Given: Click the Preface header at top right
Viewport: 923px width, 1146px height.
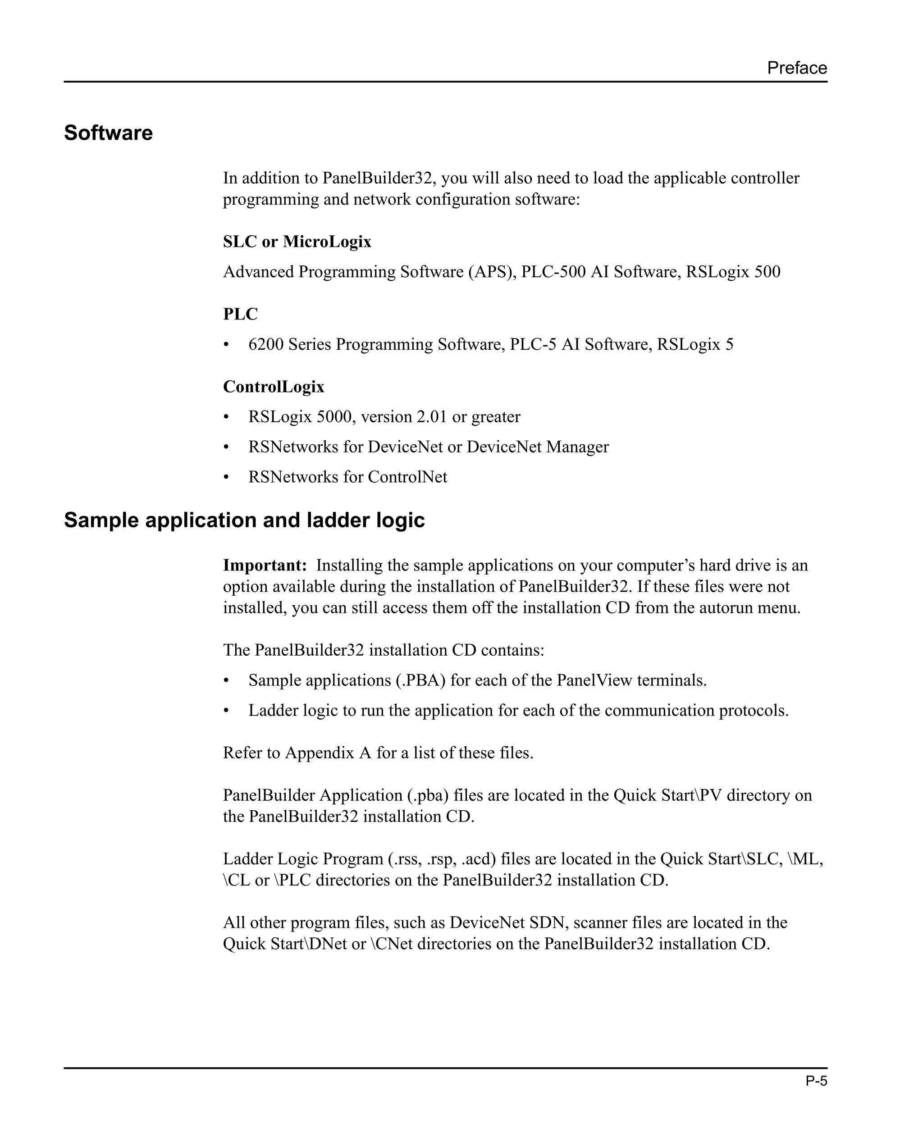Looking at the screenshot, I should (x=796, y=68).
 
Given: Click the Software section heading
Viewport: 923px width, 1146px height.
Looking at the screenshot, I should (x=109, y=133).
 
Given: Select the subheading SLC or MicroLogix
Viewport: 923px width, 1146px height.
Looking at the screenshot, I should (x=297, y=242).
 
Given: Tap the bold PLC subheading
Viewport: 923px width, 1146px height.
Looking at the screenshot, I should (x=240, y=314).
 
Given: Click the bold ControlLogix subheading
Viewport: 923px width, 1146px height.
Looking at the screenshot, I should (x=273, y=386).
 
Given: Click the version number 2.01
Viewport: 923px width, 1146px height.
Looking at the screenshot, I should (x=431, y=417).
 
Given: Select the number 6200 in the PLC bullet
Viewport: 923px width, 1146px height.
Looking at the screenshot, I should (x=266, y=344).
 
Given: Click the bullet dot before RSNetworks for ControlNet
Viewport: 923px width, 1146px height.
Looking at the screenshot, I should (x=226, y=477).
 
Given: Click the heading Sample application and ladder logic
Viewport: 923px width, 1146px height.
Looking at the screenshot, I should (x=244, y=520).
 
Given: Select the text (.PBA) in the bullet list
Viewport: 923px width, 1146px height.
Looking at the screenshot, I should (x=420, y=680).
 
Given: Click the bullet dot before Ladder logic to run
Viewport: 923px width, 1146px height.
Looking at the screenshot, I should (x=226, y=711).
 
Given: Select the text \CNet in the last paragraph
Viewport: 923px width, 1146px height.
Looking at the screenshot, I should (x=391, y=944).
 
